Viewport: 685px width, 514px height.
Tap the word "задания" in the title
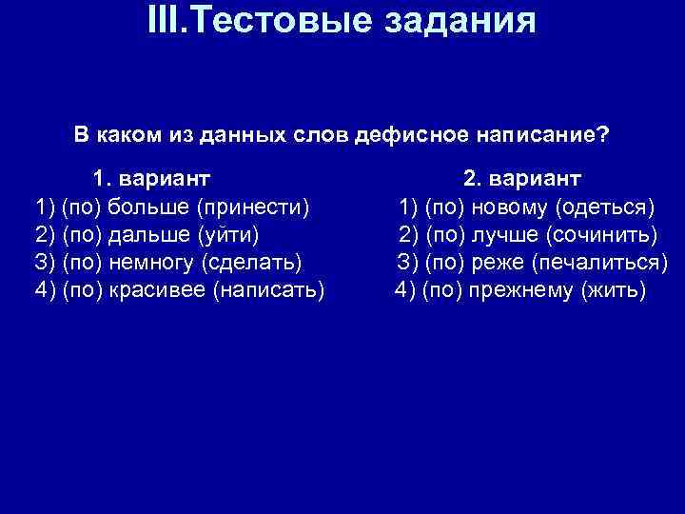(x=468, y=22)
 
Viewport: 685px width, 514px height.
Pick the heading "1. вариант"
(x=151, y=178)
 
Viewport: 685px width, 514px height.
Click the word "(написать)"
(x=270, y=288)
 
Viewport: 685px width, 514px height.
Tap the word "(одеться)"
(x=605, y=206)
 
